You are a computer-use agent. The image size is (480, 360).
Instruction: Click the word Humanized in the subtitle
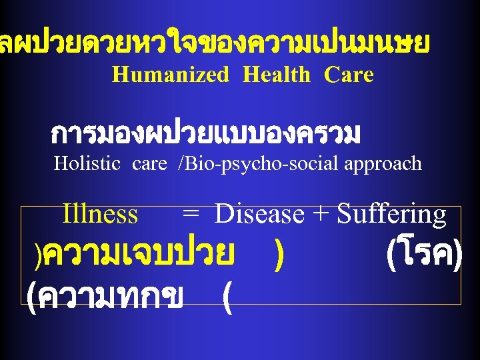click(x=170, y=75)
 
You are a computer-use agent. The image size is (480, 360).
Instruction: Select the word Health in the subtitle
click(x=277, y=75)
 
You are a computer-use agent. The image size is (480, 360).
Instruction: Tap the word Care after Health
click(x=349, y=75)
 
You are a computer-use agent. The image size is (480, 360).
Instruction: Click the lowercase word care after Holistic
click(x=149, y=163)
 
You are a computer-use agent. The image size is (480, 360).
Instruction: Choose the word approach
click(x=383, y=163)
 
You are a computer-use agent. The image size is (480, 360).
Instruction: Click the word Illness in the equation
click(x=100, y=215)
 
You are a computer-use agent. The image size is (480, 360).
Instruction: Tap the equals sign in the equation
click(x=191, y=215)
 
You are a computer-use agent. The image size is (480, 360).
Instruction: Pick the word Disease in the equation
click(x=260, y=215)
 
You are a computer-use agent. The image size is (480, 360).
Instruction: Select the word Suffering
click(x=391, y=215)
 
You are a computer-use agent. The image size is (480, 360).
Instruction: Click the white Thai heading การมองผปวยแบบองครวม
click(x=205, y=135)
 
